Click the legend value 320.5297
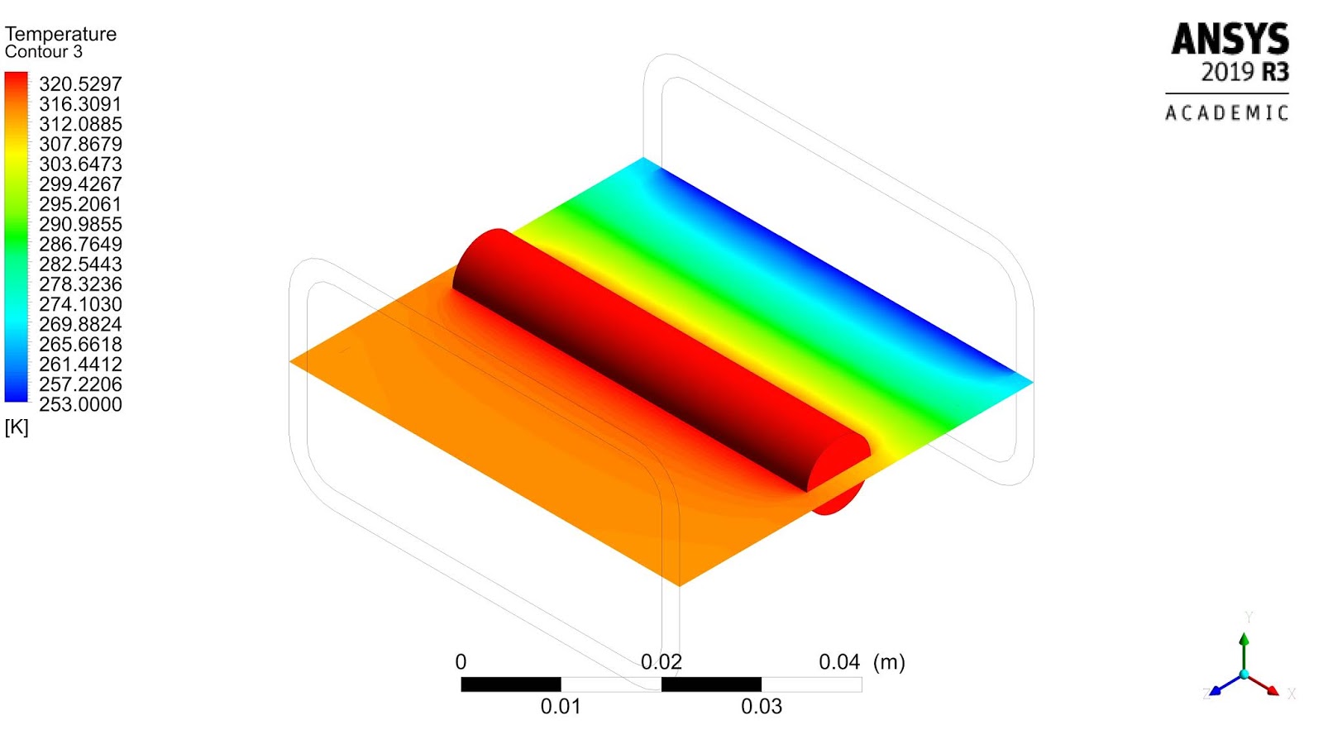coord(80,84)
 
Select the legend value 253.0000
coord(80,405)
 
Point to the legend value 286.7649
coord(80,245)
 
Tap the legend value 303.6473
coord(80,165)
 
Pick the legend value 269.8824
coord(80,325)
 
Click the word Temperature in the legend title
coord(60,34)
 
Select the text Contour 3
coord(44,52)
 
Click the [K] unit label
coord(17,427)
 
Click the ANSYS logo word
coord(1230,39)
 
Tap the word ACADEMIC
coord(1227,113)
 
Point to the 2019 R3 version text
coord(1244,73)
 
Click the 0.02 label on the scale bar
coord(661,662)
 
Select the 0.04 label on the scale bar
coord(839,662)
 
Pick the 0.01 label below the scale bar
coord(561,707)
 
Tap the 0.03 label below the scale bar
coord(762,707)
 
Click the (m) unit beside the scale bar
coord(890,662)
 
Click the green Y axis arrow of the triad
coord(1244,649)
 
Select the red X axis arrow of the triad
coord(1266,686)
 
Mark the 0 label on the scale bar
coord(461,662)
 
